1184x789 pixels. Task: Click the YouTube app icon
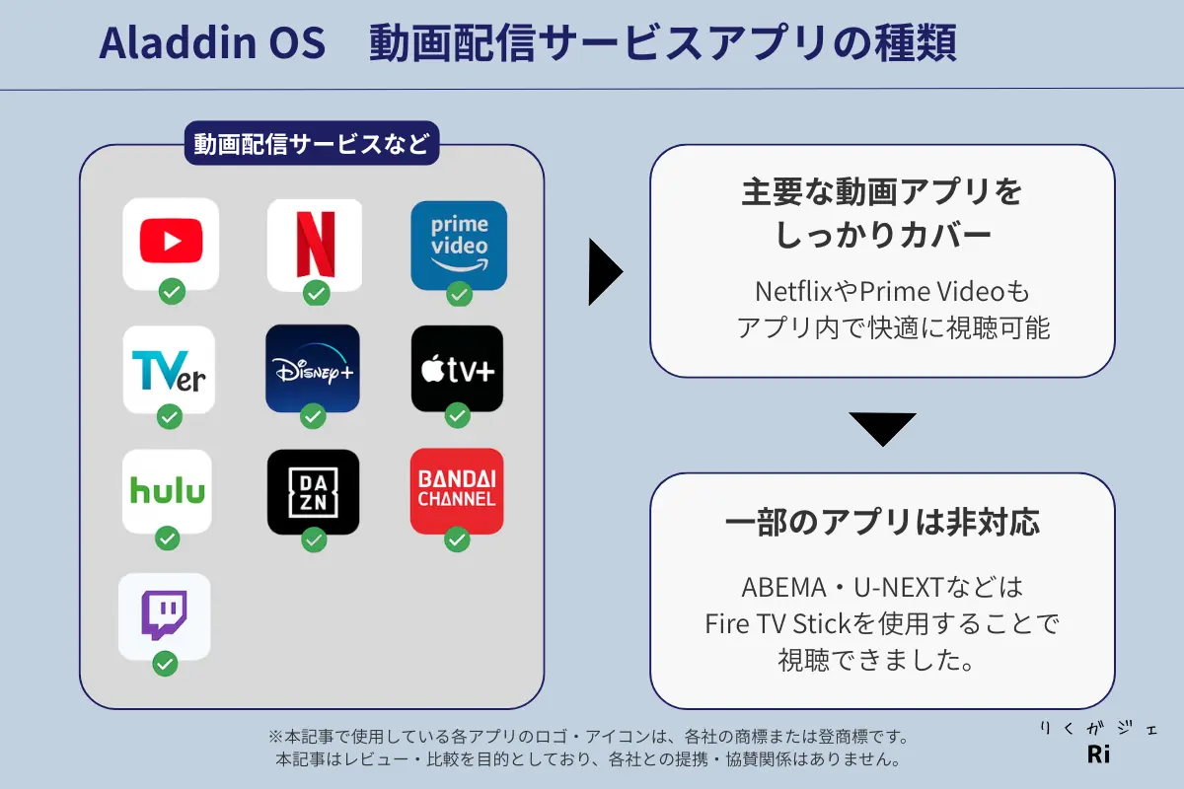pos(171,243)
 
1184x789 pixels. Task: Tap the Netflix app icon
pos(315,243)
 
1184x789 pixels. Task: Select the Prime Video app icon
pos(459,245)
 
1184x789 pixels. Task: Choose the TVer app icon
pos(169,369)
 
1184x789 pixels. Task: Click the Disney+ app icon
pos(313,369)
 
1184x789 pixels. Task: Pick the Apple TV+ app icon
pos(457,369)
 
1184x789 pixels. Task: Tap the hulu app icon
pos(167,491)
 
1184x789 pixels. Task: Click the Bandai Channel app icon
pos(457,491)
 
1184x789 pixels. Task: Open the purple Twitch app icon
pos(164,616)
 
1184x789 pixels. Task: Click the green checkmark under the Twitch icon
pos(165,664)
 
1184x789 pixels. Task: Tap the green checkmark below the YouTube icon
pos(172,292)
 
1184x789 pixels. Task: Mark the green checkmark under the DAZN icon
pos(314,539)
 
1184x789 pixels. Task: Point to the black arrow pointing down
pos(882,427)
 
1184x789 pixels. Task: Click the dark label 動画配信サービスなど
pos(312,144)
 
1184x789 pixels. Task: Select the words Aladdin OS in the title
pos(212,44)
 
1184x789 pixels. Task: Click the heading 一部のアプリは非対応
pos(882,523)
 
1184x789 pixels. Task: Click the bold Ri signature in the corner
pos(1098,754)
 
